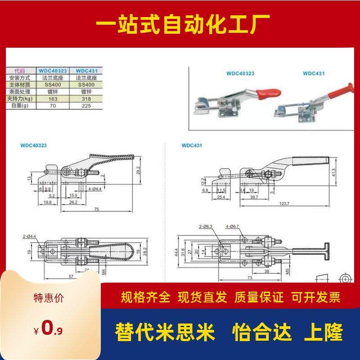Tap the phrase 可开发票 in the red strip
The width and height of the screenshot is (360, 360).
[x=315, y=297]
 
